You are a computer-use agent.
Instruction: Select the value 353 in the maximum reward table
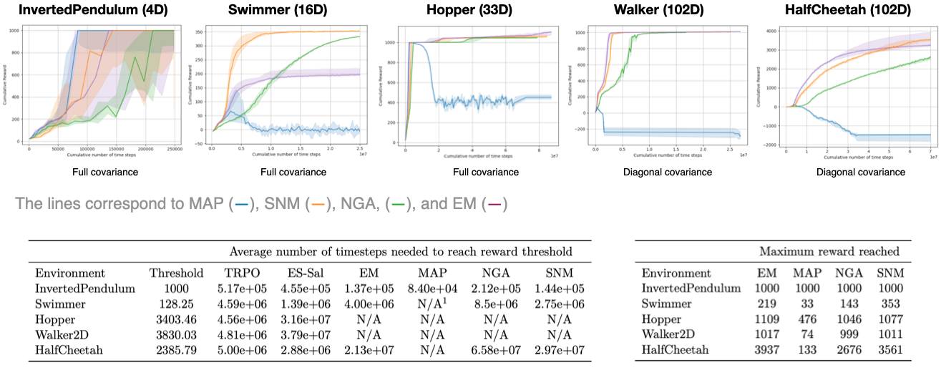click(889, 304)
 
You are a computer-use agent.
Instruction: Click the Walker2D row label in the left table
click(63, 334)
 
